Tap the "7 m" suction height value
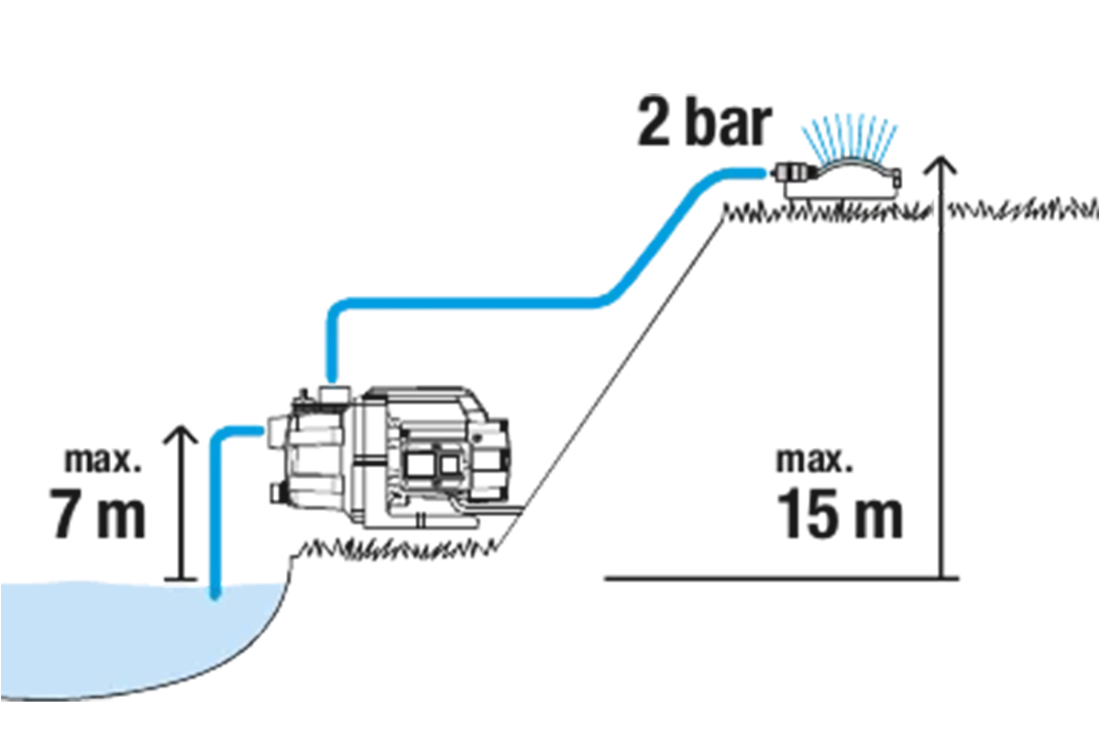click(x=97, y=516)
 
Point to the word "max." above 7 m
click(x=104, y=459)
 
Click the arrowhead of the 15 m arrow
click(x=940, y=165)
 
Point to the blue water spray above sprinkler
click(x=848, y=136)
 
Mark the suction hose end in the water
click(x=215, y=594)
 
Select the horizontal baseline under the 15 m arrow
click(x=779, y=578)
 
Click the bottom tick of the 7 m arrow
click(x=181, y=578)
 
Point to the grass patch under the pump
click(x=394, y=547)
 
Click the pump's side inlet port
click(x=274, y=429)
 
